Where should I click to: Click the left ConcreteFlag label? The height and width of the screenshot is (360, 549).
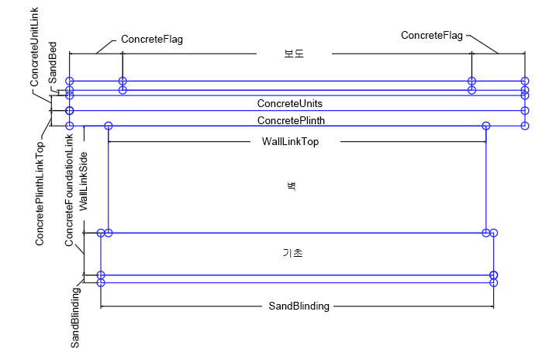point(152,39)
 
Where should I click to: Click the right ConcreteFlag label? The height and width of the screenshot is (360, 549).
point(432,35)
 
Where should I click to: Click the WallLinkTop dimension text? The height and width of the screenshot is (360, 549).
point(285,142)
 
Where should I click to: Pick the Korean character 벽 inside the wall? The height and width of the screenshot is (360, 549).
point(295,186)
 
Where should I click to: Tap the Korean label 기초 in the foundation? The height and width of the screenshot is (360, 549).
point(292,253)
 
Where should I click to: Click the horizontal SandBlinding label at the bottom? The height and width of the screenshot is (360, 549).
point(299,306)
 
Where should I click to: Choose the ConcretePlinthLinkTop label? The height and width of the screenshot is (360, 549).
point(40,193)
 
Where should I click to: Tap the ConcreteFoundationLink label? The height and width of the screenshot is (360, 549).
point(69,189)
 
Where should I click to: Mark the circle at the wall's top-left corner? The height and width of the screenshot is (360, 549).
point(109,126)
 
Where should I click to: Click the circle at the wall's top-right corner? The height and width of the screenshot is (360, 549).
point(485,126)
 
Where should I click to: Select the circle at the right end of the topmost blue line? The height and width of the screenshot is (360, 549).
point(525,81)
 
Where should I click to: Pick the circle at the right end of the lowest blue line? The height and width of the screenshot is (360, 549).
point(494,283)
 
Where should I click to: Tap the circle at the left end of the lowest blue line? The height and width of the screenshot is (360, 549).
point(101,283)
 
